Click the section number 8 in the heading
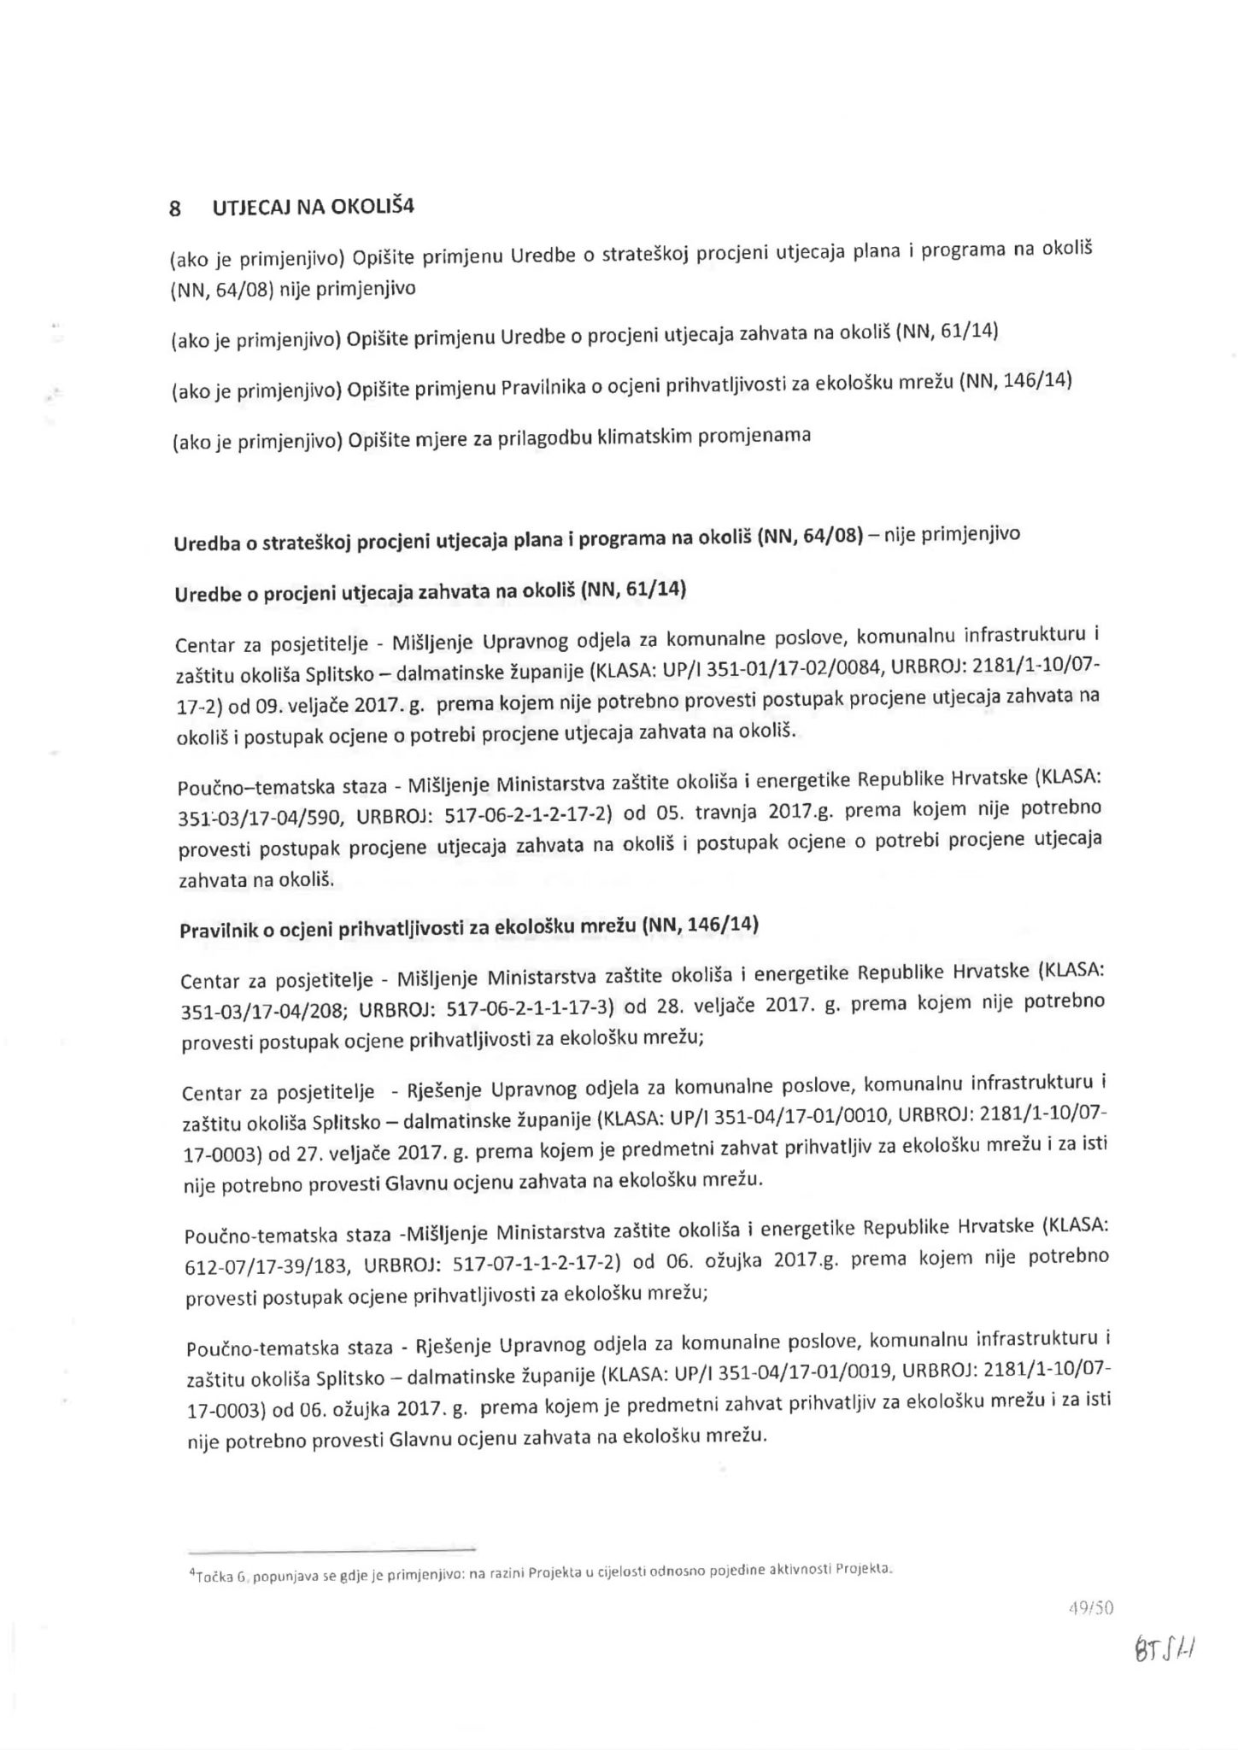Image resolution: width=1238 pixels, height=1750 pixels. [175, 208]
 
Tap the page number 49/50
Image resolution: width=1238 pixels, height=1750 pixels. [1091, 1608]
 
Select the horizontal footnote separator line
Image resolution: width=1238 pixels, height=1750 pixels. [332, 1549]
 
